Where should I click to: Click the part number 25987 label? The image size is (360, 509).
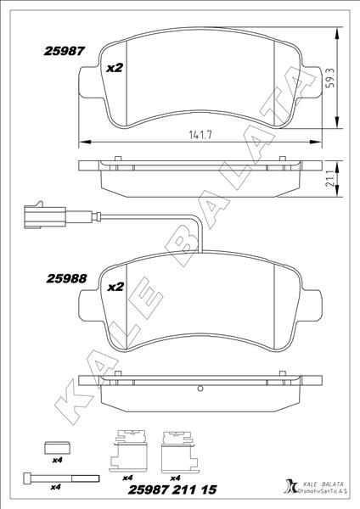64,51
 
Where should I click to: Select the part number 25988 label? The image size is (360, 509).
64,277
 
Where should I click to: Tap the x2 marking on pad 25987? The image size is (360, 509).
115,70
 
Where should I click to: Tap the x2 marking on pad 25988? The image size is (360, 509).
115,288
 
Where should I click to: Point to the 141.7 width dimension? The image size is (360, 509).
200,134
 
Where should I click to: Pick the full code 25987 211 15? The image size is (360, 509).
172,489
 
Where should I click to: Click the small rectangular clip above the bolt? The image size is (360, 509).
58,446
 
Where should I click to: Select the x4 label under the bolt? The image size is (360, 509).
56,487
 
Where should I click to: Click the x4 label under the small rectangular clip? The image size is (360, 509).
58,460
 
